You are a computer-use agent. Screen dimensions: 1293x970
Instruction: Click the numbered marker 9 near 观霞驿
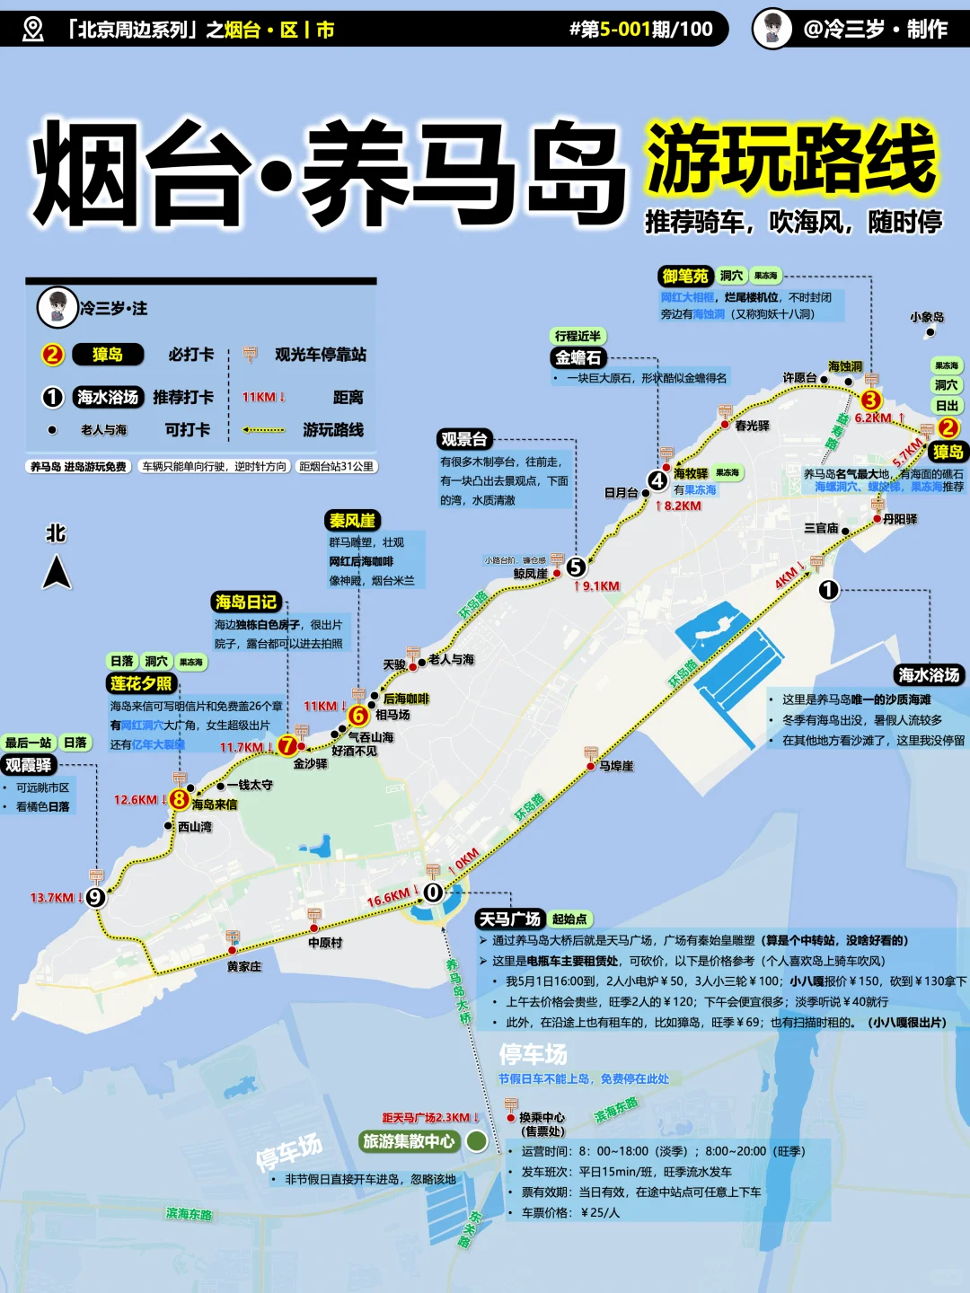pos(95,896)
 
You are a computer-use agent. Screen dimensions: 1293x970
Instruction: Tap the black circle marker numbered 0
pos(433,892)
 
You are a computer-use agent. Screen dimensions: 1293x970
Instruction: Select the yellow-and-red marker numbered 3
pos(870,400)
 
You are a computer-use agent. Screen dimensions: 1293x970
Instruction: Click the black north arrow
pos(57,572)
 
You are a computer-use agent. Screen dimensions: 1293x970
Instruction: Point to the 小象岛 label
pos(926,317)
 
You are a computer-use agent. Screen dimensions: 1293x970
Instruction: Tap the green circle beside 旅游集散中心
pos(477,1141)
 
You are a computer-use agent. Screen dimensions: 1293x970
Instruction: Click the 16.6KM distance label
pos(388,897)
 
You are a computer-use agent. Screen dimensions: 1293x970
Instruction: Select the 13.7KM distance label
pos(52,897)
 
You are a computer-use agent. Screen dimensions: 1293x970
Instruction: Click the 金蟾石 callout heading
pos(578,357)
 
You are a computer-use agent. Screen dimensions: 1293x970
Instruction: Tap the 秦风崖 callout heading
pos(353,521)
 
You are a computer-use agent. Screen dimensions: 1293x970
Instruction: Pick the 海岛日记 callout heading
pos(246,602)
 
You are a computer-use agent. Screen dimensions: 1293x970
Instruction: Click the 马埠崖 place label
pos(616,766)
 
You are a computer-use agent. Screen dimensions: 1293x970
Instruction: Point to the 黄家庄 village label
pos(243,966)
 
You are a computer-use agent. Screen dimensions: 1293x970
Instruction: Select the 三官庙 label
pos(821,528)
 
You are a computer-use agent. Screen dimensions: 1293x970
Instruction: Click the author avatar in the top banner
pos(772,29)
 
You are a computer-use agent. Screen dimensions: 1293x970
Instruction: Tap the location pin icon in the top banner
pos(32,29)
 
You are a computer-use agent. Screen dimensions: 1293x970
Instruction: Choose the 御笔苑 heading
pos(685,276)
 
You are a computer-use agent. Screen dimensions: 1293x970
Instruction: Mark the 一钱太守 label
pos(250,785)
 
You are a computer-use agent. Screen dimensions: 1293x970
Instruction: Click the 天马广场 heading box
pos(509,919)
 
